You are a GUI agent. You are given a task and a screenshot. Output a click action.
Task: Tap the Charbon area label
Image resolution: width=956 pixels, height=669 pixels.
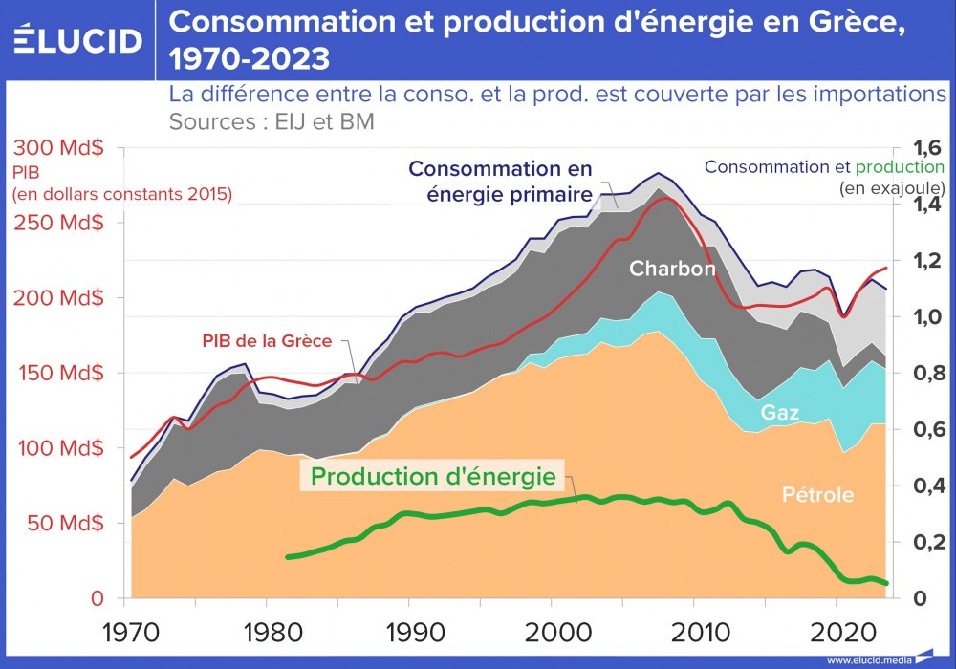pos(671,270)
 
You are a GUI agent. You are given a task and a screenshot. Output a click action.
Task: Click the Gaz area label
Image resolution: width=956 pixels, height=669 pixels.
pos(779,413)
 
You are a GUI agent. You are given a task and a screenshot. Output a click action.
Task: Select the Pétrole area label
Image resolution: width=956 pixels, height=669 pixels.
pos(817,495)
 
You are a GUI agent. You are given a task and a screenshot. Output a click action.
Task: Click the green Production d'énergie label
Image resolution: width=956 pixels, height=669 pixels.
pos(433,475)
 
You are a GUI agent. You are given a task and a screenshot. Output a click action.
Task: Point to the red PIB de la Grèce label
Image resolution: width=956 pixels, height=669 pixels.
pos(267,340)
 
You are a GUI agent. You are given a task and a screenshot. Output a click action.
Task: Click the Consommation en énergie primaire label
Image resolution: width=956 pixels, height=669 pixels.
pos(499,182)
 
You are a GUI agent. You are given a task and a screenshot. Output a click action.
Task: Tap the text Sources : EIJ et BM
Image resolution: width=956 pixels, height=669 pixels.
pos(272,122)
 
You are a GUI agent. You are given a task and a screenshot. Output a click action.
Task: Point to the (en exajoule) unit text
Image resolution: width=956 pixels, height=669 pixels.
pos(891,187)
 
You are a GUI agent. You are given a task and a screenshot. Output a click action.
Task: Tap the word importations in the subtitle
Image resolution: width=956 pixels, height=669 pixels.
pos(865,95)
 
